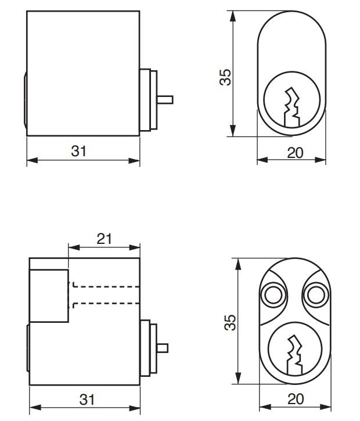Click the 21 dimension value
click(x=103, y=239)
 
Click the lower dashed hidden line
click(x=105, y=304)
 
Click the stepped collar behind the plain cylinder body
click(x=148, y=99)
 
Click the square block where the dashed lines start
click(x=49, y=296)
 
